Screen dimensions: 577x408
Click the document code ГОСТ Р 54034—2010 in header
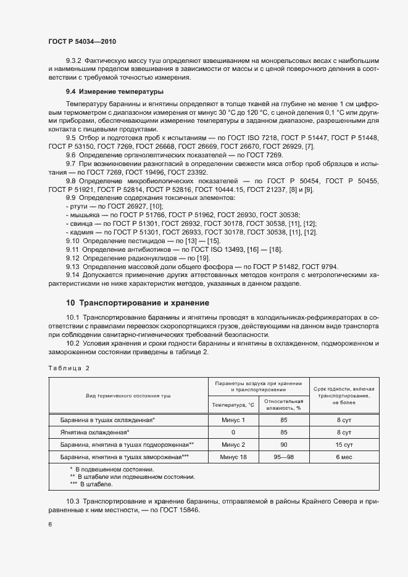[x=82, y=41]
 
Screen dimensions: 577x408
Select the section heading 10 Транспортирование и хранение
[x=137, y=303]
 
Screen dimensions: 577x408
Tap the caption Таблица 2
[x=69, y=368]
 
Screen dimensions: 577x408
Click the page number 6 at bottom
[x=50, y=524]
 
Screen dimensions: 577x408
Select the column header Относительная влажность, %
[x=284, y=404]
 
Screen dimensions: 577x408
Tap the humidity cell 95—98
[x=284, y=457]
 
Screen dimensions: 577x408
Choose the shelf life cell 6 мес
[x=343, y=457]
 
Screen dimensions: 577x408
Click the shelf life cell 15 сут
[x=343, y=444]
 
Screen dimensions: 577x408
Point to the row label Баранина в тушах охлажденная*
[x=107, y=420]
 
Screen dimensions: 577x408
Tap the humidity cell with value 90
[x=284, y=444]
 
